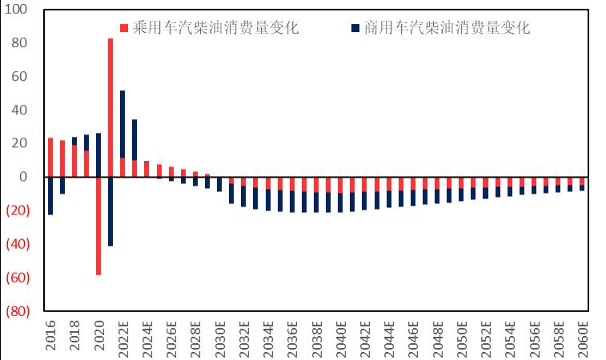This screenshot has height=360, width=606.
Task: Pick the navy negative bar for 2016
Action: [x=50, y=195]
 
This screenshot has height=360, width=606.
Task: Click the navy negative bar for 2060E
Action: [x=582, y=188]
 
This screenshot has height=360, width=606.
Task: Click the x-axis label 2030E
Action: [x=220, y=338]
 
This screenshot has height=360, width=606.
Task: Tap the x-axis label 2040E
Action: [x=341, y=338]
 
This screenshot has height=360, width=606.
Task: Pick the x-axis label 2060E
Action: [x=583, y=338]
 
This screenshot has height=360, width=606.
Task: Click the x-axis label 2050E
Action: [x=462, y=338]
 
